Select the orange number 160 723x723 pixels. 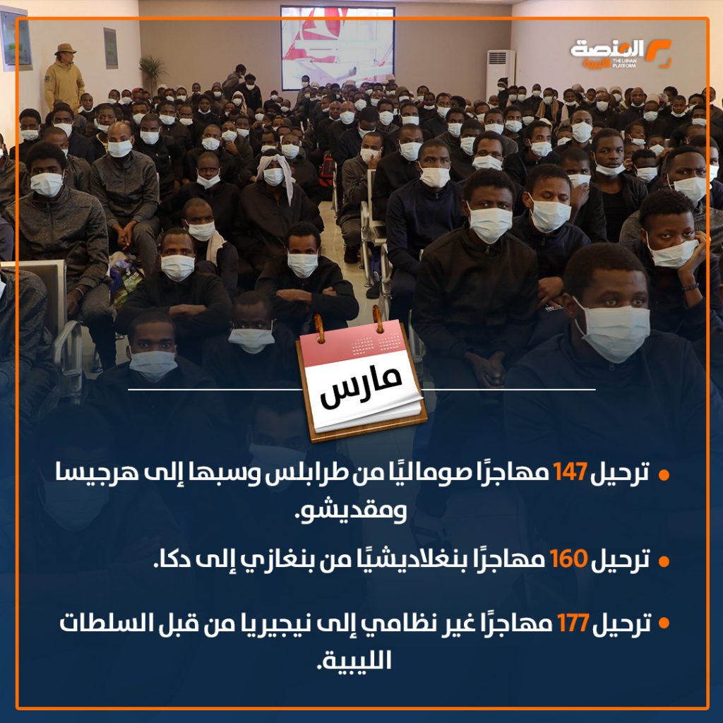coord(569,558)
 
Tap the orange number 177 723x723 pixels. coord(573,623)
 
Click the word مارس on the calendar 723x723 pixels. coord(361,386)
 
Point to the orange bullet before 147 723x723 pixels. coord(664,475)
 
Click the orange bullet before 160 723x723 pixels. coord(664,561)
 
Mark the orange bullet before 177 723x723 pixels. coord(664,623)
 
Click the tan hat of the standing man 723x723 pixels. coord(65,49)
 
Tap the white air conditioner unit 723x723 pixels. coord(501,73)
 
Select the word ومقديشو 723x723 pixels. coord(350,512)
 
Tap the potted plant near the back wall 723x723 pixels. coord(152,73)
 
